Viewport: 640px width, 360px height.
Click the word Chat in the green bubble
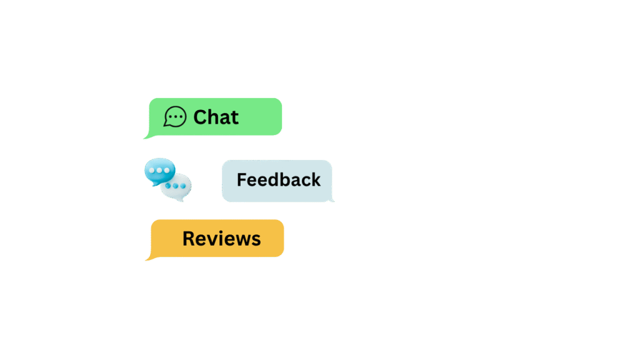216,117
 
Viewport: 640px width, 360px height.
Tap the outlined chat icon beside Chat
175,117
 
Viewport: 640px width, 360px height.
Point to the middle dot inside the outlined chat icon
176,117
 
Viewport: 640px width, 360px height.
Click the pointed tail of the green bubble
145,138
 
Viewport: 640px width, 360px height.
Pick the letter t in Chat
234,118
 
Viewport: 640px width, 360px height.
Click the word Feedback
278,180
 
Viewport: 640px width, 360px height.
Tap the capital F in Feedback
242,180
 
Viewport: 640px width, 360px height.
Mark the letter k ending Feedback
315,179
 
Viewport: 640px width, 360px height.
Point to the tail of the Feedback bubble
332,200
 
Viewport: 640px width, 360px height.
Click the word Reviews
222,239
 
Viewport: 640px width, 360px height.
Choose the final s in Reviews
256,241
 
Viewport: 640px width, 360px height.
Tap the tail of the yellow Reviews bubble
147,259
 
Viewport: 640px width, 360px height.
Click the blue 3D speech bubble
159,171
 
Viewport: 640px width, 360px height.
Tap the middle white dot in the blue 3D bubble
159,170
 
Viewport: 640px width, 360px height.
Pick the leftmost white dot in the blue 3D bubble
152,170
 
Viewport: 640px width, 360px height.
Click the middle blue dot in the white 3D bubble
176,186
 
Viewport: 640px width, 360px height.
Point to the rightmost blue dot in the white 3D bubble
183,186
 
